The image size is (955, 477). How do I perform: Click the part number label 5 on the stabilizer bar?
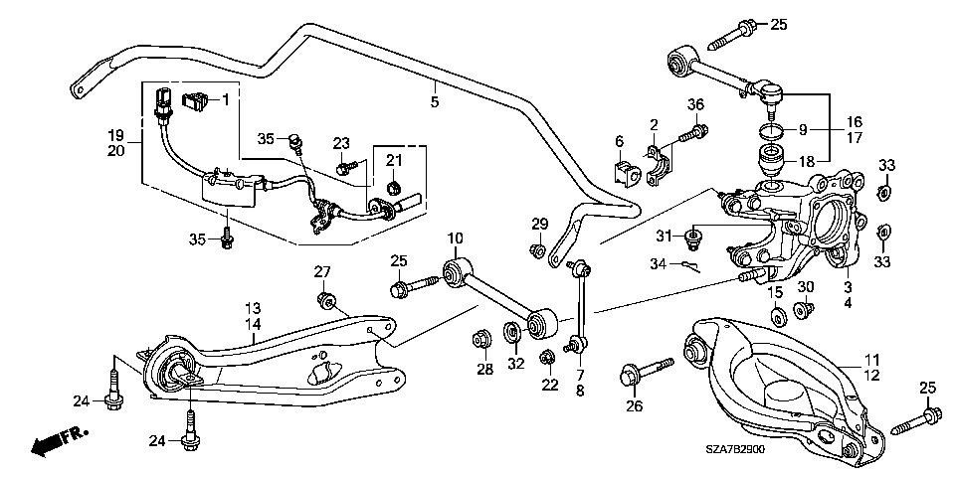[x=435, y=101]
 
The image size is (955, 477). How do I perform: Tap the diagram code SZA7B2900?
[x=735, y=449]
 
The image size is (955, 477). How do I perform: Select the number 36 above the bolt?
[x=696, y=104]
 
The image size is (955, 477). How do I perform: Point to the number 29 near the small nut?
[x=539, y=224]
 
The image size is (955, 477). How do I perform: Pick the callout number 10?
[x=457, y=238]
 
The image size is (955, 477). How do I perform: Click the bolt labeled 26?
[x=647, y=373]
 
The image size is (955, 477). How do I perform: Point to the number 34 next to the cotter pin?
[x=659, y=264]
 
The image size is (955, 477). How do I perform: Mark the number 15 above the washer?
[x=774, y=293]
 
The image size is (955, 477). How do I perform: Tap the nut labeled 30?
[x=804, y=310]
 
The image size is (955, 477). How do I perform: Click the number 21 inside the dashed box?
[x=394, y=161]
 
